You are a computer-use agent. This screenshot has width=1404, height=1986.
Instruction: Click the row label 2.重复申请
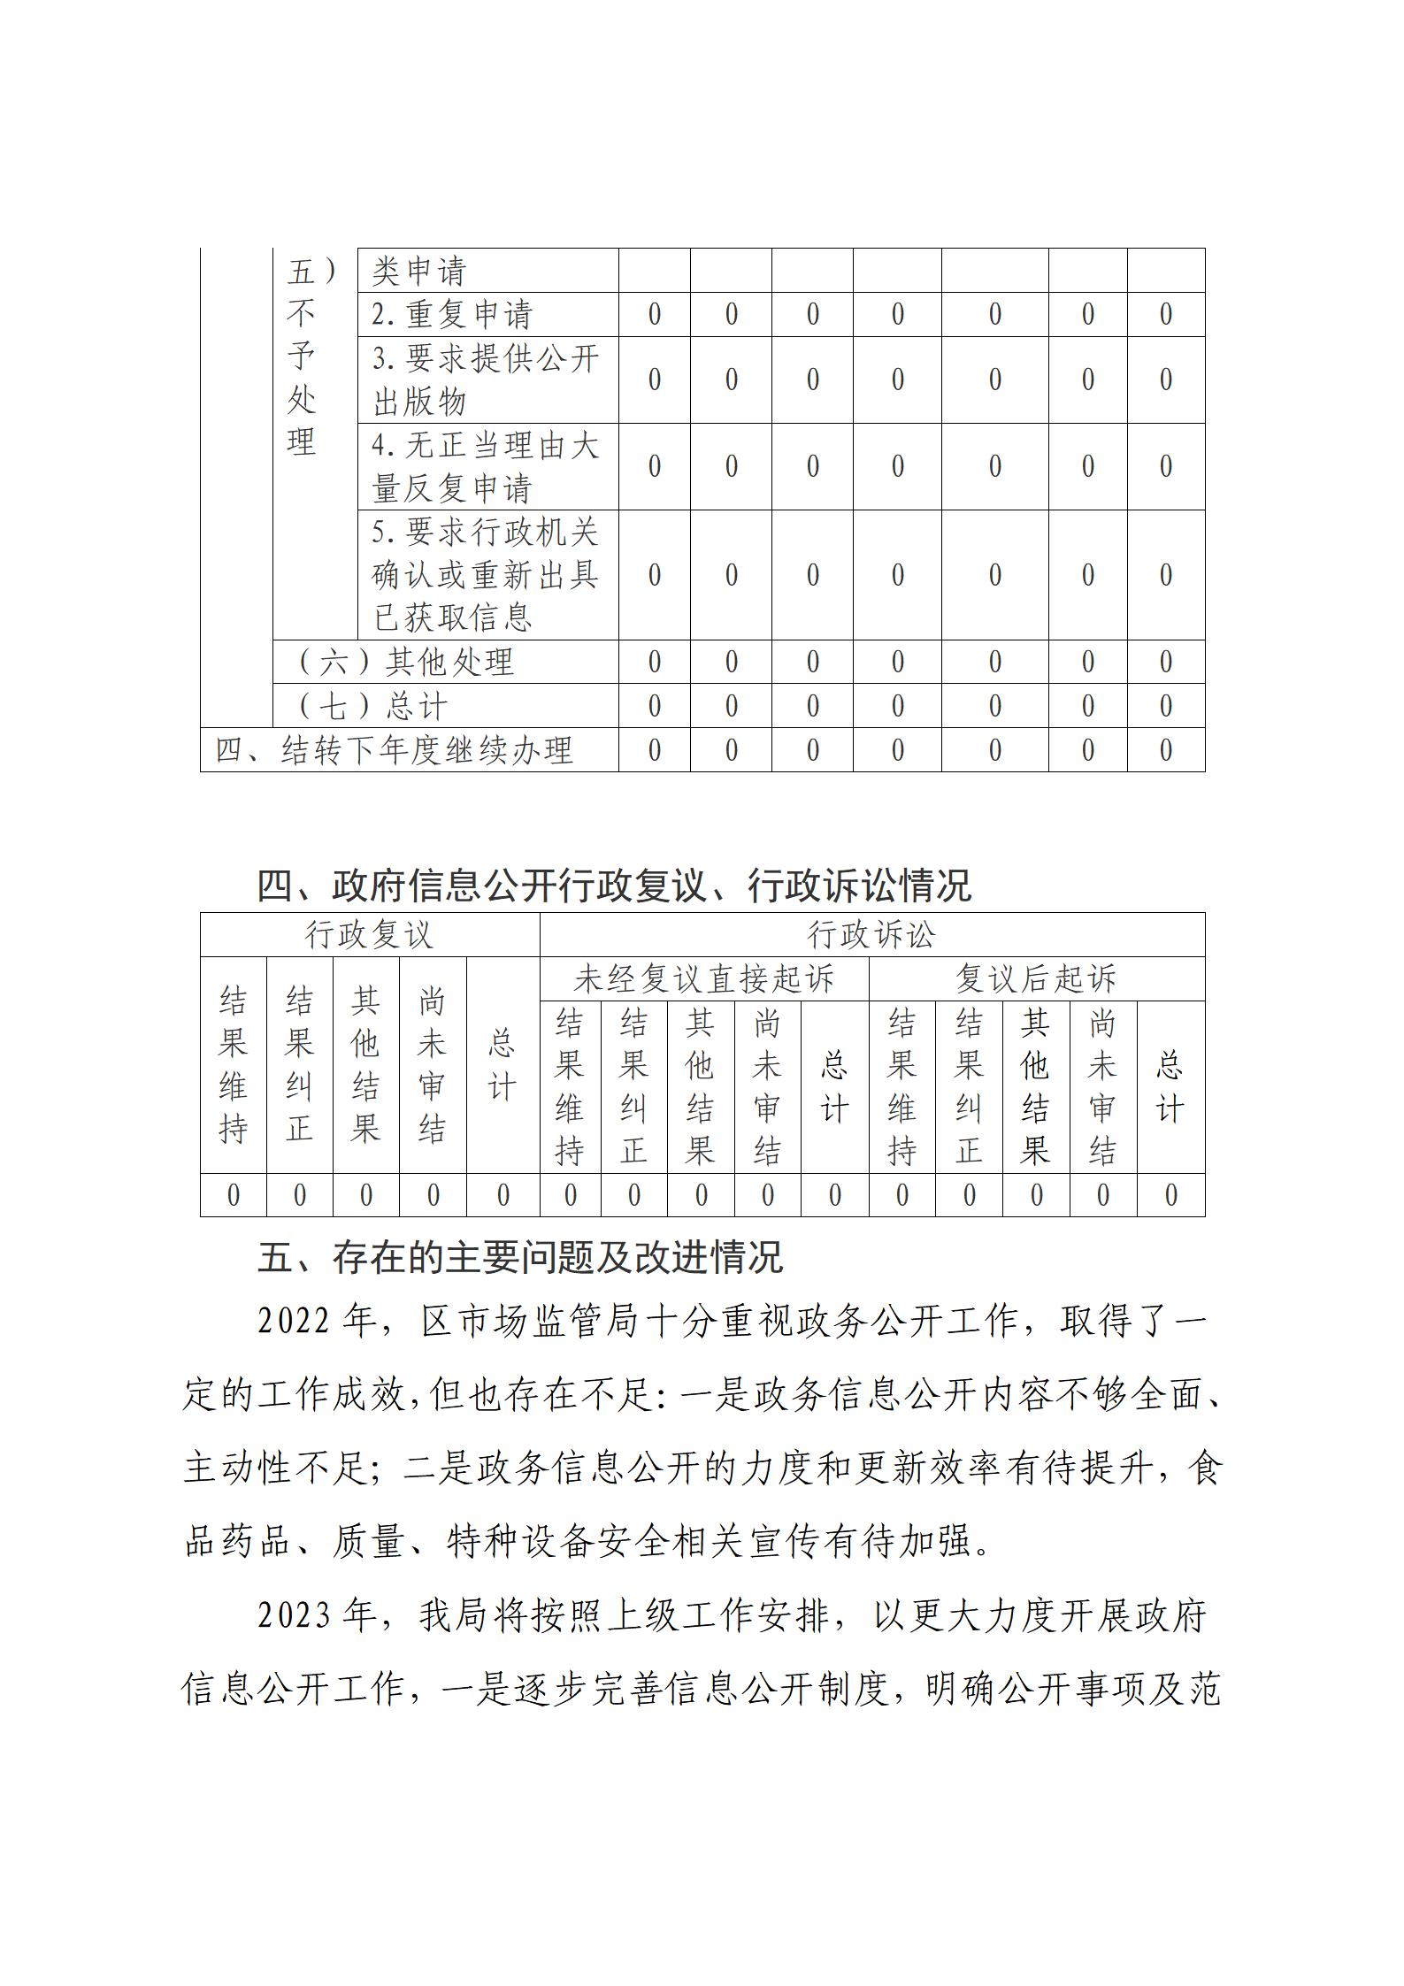pyautogui.click(x=452, y=314)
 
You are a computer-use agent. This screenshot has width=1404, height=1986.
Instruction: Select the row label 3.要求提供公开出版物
pyautogui.click(x=486, y=380)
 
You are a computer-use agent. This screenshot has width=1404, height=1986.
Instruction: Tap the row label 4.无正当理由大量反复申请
pyautogui.click(x=486, y=466)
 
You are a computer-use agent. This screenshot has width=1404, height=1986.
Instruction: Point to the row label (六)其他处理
pyautogui.click(x=405, y=662)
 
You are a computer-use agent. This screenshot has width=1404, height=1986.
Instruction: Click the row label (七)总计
pyautogui.click(x=372, y=706)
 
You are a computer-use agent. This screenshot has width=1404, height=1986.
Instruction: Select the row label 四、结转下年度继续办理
pyautogui.click(x=395, y=750)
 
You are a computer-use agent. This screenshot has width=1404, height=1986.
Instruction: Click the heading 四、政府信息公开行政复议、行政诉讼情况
pyautogui.click(x=614, y=886)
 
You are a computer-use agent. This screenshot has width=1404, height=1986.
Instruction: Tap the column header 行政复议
pyautogui.click(x=369, y=935)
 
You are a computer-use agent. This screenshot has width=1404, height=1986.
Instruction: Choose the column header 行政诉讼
pyautogui.click(x=871, y=935)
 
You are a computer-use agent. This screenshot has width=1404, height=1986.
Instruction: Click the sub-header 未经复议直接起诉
pyautogui.click(x=703, y=979)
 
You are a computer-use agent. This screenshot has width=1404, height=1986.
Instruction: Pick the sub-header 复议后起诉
pyautogui.click(x=1036, y=979)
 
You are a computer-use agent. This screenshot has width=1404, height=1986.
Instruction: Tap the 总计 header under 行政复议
pyautogui.click(x=503, y=1065)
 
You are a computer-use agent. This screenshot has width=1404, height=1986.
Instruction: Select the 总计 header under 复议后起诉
pyautogui.click(x=1170, y=1087)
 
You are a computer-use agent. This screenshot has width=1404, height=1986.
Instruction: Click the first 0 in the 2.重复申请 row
pyautogui.click(x=655, y=314)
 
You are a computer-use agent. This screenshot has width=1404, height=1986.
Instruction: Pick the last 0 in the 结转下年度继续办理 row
pyautogui.click(x=1166, y=750)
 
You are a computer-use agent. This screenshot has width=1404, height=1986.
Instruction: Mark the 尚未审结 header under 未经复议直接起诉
pyautogui.click(x=767, y=1087)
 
